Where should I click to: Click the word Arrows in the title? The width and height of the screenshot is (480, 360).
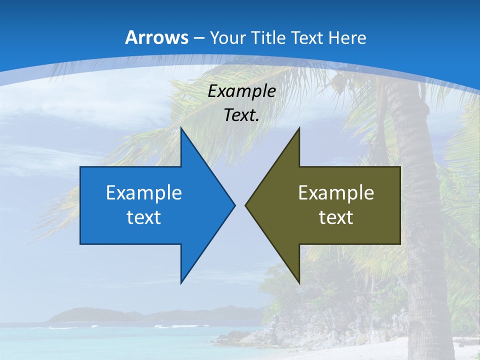(x=156, y=37)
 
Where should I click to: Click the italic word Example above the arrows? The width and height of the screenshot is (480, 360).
(x=241, y=91)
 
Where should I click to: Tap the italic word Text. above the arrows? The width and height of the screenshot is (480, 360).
(x=241, y=115)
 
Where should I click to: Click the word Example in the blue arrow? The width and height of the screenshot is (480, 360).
(x=143, y=193)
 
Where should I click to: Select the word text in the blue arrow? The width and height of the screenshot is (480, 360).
(x=143, y=217)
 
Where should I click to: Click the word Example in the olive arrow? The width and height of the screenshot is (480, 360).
(x=336, y=193)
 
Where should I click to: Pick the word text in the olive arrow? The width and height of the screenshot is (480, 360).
(x=336, y=217)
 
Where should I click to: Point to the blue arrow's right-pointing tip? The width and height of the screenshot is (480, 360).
(x=233, y=205)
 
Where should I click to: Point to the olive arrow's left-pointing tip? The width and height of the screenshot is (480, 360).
(x=246, y=205)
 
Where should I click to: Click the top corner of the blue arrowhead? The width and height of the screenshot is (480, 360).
(x=181, y=129)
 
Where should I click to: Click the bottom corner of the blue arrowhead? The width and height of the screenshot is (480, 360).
(x=181, y=282)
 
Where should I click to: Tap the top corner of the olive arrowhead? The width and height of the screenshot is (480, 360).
(x=299, y=129)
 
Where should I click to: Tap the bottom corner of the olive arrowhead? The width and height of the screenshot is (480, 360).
(x=299, y=282)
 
